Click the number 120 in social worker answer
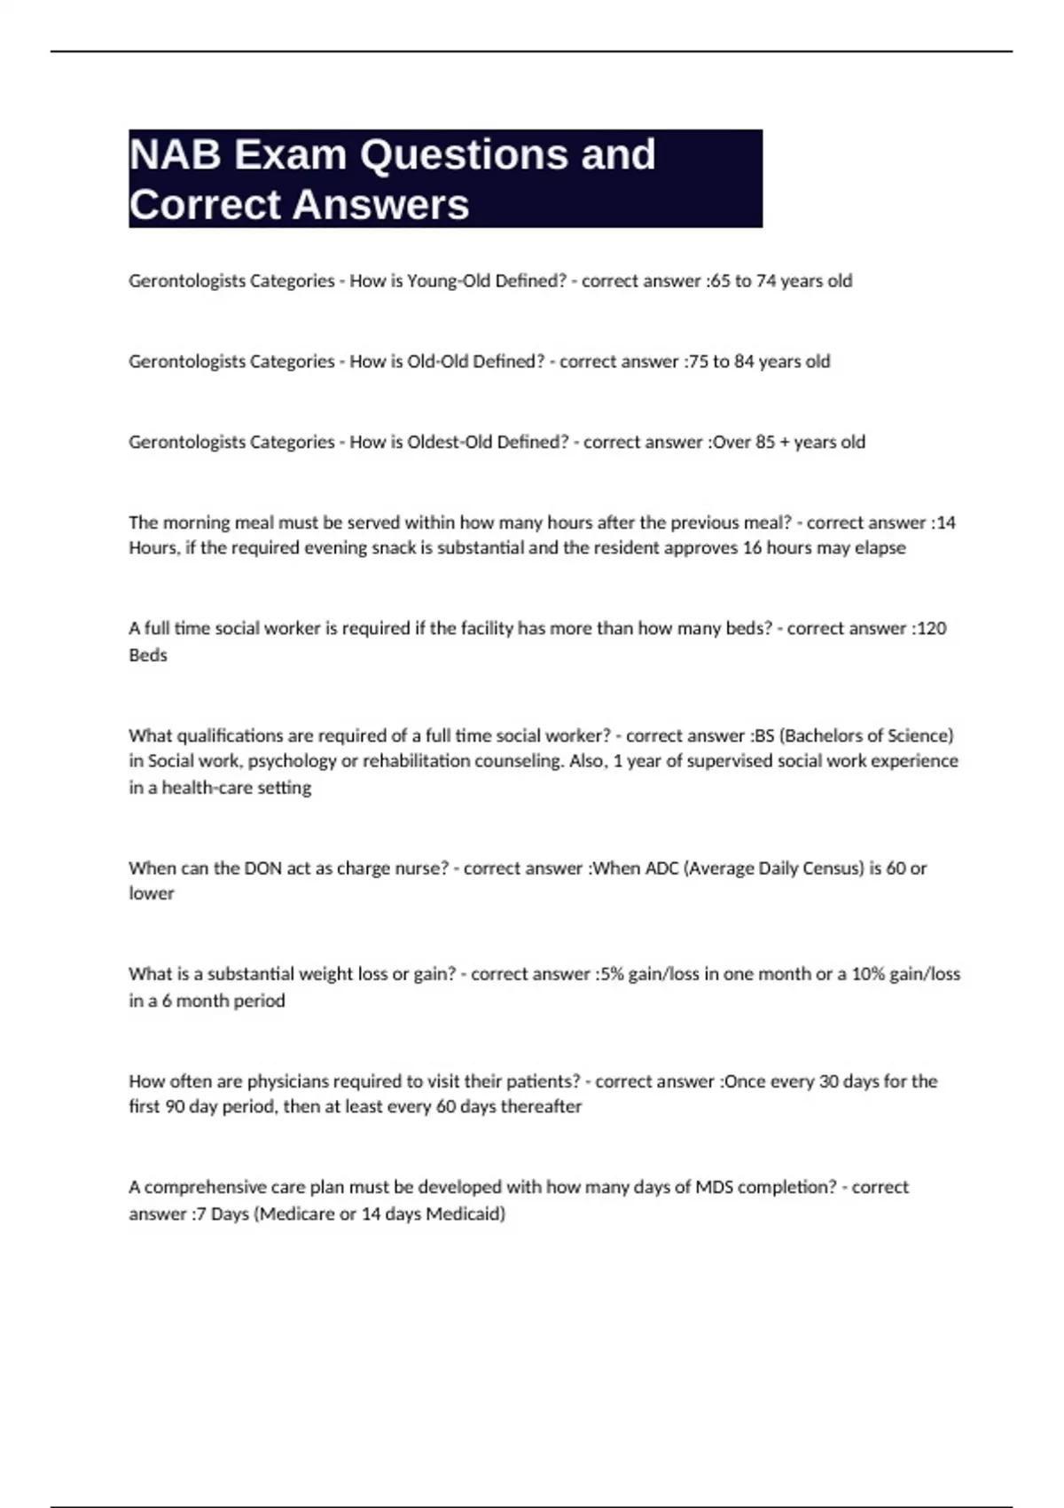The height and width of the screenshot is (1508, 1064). (931, 629)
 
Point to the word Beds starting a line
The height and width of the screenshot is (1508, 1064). (148, 656)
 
